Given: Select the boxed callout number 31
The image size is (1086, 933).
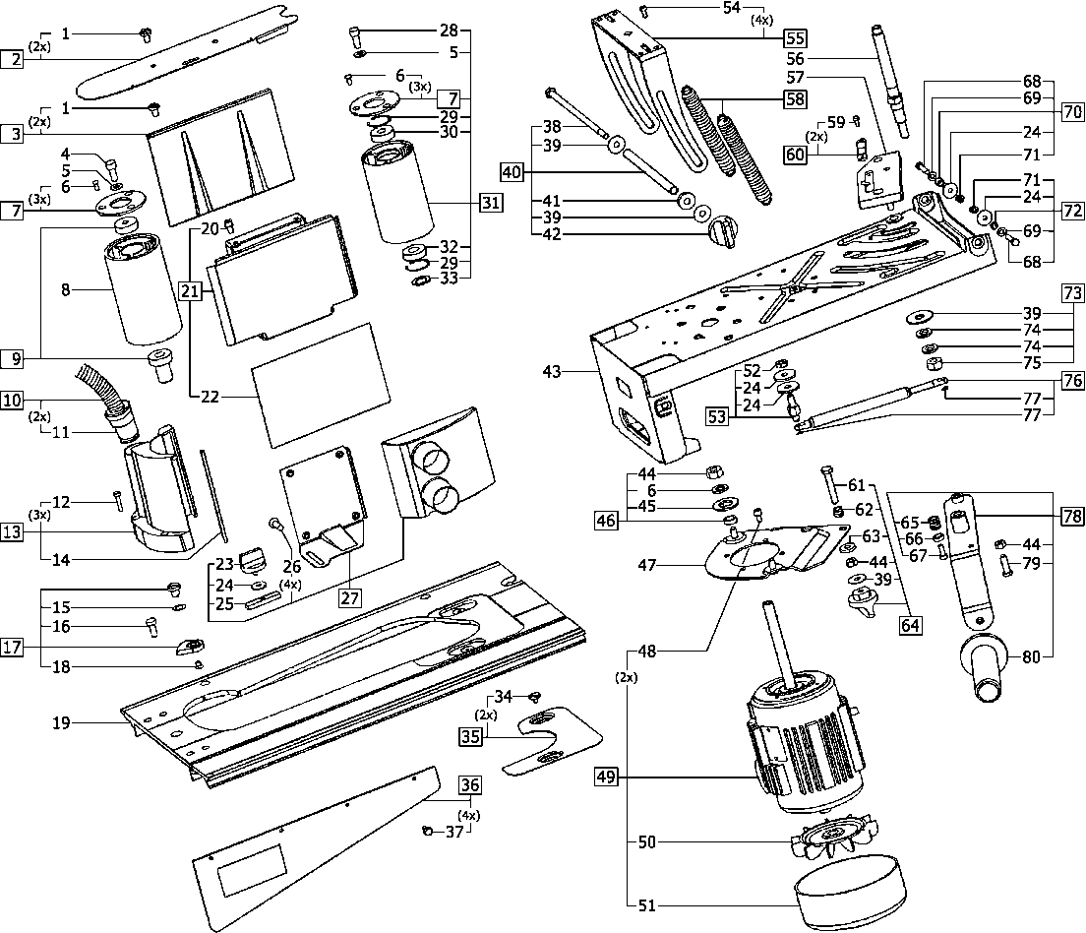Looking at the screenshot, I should [x=490, y=204].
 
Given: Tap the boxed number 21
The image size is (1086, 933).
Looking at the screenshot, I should [x=191, y=290].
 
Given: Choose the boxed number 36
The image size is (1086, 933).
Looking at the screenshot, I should [x=470, y=785].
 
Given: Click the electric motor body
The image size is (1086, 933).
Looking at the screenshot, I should [x=802, y=748].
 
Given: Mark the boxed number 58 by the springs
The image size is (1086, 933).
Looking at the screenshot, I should [x=795, y=98].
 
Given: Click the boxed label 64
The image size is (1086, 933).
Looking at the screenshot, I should [x=911, y=624].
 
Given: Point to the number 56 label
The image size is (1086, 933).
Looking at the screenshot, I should [x=795, y=58].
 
